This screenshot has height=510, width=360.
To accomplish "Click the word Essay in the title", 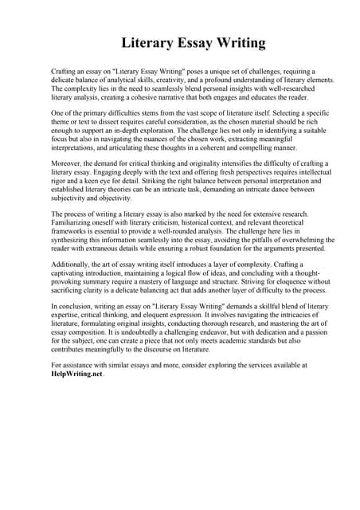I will pos(180,41).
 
